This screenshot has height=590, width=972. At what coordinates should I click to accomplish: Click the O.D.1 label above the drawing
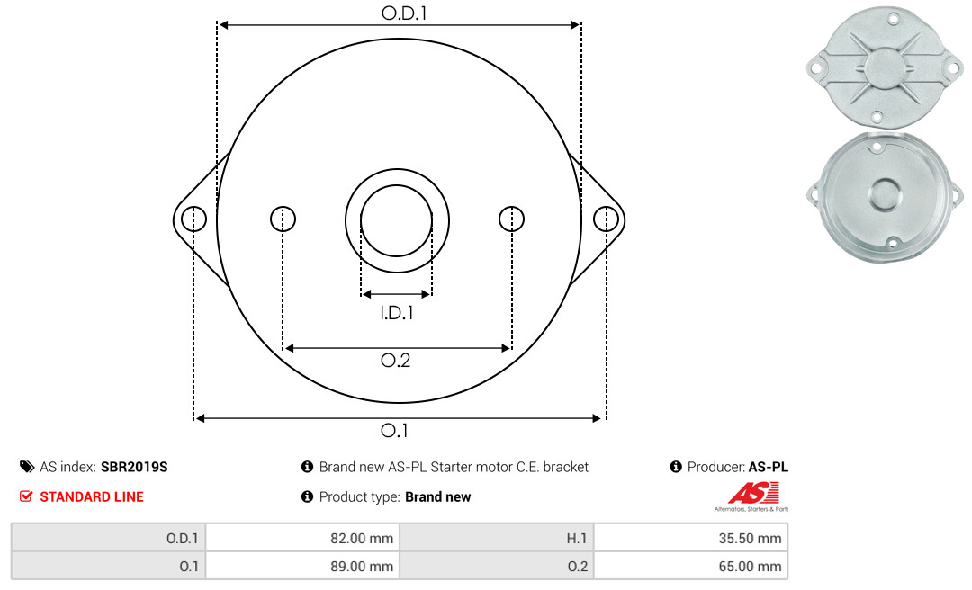click(404, 13)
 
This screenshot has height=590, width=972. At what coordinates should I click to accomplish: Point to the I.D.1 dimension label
click(397, 313)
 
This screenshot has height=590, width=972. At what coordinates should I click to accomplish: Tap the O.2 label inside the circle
click(395, 360)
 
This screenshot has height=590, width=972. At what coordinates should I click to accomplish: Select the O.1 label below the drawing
click(394, 430)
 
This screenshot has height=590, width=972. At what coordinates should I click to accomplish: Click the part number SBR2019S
click(134, 467)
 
